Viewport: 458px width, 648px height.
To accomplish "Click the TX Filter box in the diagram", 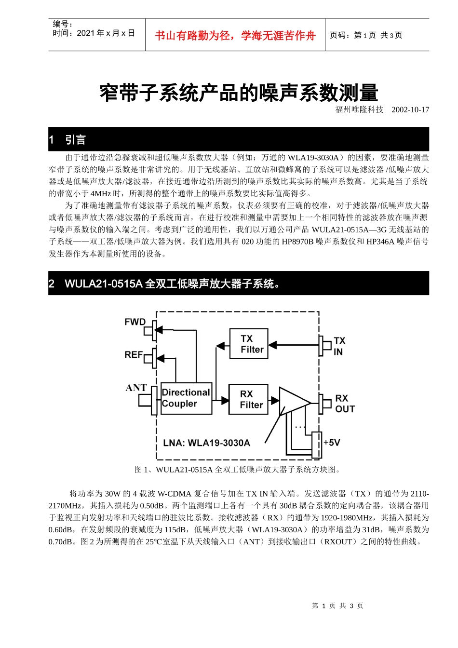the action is click(x=248, y=344).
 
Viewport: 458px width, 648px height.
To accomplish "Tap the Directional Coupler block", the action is click(x=186, y=398).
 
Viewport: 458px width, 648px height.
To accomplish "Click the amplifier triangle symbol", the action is click(x=294, y=401).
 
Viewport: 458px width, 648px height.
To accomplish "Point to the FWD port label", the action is click(x=135, y=322).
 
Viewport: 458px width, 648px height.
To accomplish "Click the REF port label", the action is click(x=134, y=355).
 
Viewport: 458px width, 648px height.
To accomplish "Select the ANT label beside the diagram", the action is click(x=136, y=388).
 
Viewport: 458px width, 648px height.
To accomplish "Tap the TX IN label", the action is click(x=339, y=346).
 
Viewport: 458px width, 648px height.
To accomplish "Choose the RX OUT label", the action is click(x=345, y=404).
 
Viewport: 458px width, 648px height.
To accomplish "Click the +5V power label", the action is click(x=332, y=442).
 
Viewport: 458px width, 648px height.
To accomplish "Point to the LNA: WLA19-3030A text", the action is click(x=206, y=443).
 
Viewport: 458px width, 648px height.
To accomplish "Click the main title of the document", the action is click(x=239, y=93).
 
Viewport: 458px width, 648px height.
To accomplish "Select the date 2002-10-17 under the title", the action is click(x=410, y=110).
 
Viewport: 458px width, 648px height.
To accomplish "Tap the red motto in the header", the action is click(x=235, y=35).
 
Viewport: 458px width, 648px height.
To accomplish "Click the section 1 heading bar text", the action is click(x=75, y=140).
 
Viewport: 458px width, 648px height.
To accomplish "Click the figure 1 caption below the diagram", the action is click(x=238, y=470).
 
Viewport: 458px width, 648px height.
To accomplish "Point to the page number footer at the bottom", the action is click(x=337, y=606).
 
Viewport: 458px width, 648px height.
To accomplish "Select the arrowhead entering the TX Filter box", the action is click(x=273, y=345).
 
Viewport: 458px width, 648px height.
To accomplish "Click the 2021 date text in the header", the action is click(x=94, y=33).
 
